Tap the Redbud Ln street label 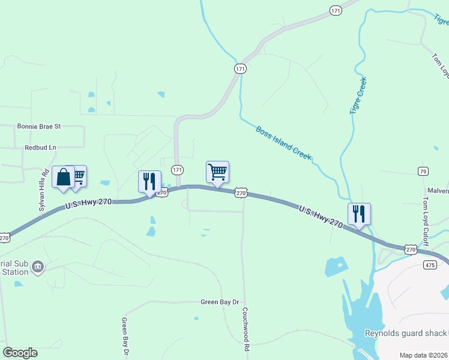(x=40, y=147)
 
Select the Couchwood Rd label (x=246, y=329)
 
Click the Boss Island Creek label (x=283, y=142)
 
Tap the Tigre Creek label (x=358, y=95)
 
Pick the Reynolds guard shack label (x=405, y=334)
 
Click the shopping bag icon (x=63, y=178)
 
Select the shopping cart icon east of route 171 (x=217, y=172)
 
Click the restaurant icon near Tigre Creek (x=359, y=214)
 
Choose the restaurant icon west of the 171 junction (x=149, y=181)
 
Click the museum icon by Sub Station (x=38, y=266)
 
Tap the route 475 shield (x=430, y=265)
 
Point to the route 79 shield (x=424, y=172)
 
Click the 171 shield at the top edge (x=336, y=11)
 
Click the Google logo (x=20, y=353)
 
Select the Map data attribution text (x=424, y=355)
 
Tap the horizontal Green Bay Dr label (x=220, y=302)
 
